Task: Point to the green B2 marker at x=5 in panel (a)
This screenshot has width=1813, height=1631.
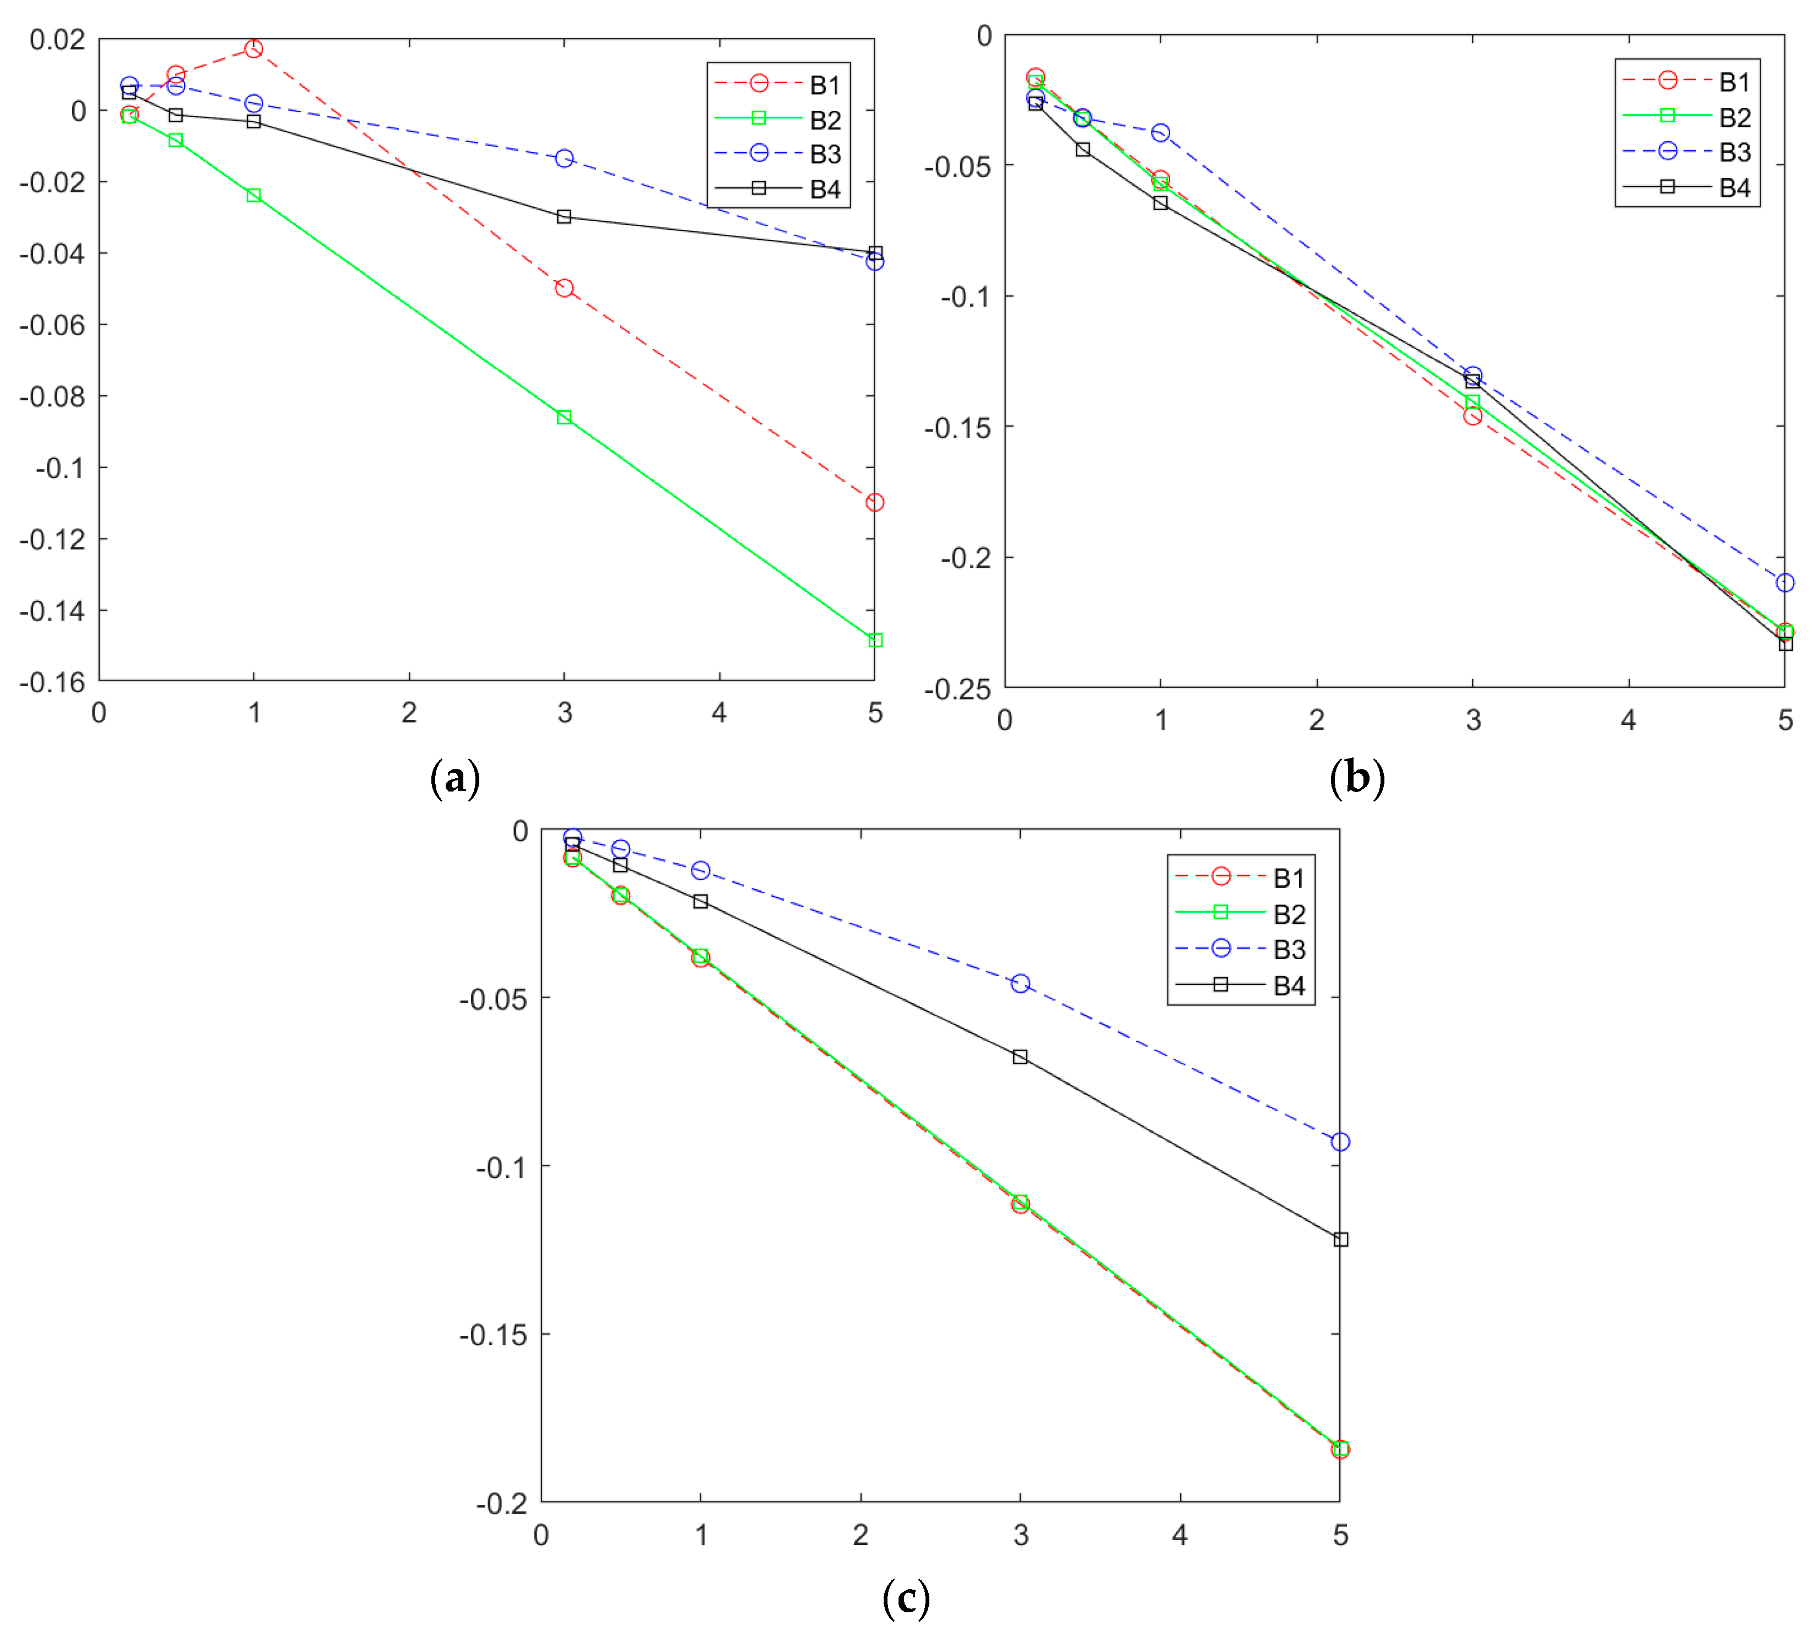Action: [x=875, y=640]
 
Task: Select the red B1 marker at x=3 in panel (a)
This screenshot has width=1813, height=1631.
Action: [x=564, y=288]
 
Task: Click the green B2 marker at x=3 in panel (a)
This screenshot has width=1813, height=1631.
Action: [x=564, y=418]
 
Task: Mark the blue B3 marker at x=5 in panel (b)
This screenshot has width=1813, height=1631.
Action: [x=1785, y=583]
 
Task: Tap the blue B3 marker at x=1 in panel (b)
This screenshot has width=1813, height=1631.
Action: [x=1161, y=133]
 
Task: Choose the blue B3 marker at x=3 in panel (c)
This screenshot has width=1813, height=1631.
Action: [x=1020, y=984]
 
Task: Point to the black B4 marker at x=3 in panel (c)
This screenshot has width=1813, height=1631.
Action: [x=1020, y=1057]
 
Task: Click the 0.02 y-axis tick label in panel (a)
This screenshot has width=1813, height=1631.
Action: [x=57, y=40]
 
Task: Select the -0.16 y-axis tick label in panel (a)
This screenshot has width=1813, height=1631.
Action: [x=52, y=683]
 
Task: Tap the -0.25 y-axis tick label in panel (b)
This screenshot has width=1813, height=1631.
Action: [x=957, y=689]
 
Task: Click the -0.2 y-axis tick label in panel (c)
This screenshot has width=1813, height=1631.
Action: [x=502, y=1504]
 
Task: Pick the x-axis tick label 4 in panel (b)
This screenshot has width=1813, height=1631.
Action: [x=1628, y=720]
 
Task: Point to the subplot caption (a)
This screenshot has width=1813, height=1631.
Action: [x=455, y=778]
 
